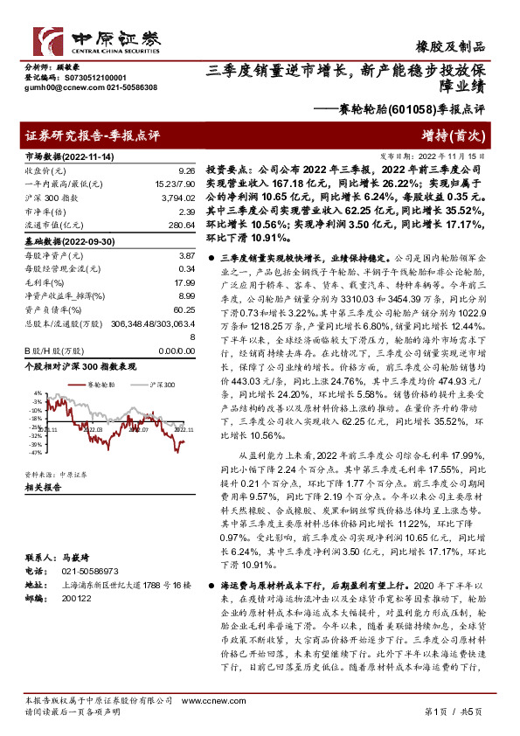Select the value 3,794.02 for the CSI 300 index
[x=179, y=198]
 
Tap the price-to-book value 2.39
[x=185, y=212]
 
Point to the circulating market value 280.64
[x=182, y=225]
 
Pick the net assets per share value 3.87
[x=185, y=254]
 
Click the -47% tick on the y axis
[x=35, y=454]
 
